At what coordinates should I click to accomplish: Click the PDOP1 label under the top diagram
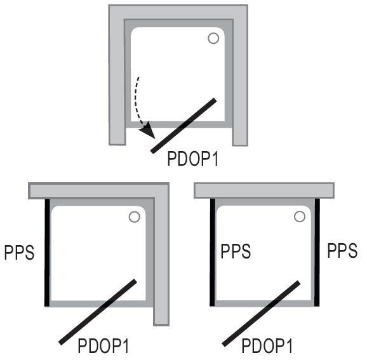[x=193, y=159]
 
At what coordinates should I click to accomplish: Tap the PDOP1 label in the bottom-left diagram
[x=103, y=346]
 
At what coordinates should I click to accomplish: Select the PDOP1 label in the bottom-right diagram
[x=267, y=346]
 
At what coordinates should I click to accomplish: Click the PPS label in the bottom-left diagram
[x=19, y=252]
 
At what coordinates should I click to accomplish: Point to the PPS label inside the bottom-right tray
[x=236, y=251]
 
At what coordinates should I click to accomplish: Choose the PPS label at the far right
[x=342, y=251]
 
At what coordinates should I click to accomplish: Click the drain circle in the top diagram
[x=213, y=38]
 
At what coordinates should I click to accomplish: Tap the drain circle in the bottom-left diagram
[x=135, y=217]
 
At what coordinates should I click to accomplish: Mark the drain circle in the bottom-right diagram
[x=299, y=217]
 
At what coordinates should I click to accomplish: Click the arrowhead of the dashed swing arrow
[x=148, y=131]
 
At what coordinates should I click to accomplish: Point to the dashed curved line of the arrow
[x=138, y=103]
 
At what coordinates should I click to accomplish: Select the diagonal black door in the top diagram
[x=183, y=126]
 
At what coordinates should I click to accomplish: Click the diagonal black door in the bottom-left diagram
[x=98, y=312]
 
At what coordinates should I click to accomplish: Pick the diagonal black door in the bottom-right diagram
[x=261, y=314]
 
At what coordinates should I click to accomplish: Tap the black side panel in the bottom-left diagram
[x=47, y=252]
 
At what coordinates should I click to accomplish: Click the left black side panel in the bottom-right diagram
[x=212, y=252]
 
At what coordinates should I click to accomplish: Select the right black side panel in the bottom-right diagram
[x=317, y=252]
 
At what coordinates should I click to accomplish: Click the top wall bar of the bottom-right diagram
[x=264, y=190]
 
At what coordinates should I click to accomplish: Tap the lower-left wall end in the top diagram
[x=117, y=137]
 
